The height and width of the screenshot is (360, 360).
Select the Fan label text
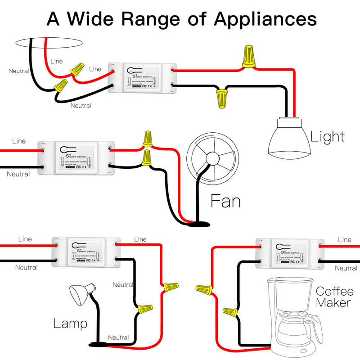pos(226,201)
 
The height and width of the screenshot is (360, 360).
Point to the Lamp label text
pos(70,323)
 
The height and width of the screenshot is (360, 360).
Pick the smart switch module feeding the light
pos(142,77)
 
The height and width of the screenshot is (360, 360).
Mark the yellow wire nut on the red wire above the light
pos(247,57)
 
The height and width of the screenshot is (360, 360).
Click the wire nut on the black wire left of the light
pos(221,98)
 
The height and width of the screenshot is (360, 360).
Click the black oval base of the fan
pos(198,224)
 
